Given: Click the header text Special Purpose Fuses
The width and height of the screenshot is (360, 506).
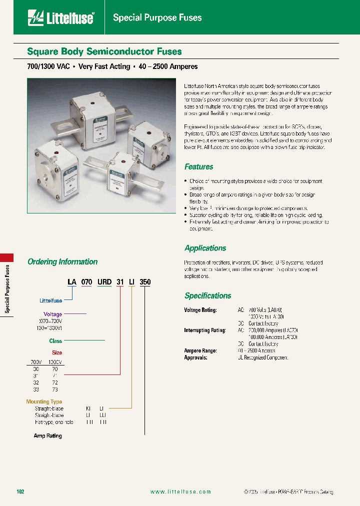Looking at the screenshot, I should coord(157,18).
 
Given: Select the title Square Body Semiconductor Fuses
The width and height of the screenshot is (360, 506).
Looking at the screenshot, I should coord(104,51).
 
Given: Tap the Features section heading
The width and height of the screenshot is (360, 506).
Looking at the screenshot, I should coord(198,167).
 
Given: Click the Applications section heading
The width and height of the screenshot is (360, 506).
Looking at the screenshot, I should coord(205,248).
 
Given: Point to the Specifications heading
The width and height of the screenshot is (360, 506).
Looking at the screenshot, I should coord(207,295).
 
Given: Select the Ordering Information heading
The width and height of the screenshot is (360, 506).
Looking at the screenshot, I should coord(62,261).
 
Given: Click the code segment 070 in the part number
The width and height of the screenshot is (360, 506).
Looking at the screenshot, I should coord(86,282).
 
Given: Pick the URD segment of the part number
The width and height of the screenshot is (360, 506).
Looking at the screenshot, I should coord(104,282).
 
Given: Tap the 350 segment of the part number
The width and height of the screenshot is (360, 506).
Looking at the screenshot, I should coord(145,282).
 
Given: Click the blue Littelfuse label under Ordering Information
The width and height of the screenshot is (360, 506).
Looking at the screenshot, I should coord(50,300).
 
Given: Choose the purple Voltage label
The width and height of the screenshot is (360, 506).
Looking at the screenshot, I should coord(53,314).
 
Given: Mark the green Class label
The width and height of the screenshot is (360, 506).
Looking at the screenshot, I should coord(55,341).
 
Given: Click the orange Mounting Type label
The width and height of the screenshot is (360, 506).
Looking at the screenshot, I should coord(44,401).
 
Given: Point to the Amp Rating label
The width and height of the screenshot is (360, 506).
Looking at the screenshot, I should coord(47,436).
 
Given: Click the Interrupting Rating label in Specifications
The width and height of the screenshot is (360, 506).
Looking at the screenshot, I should coord(205,330).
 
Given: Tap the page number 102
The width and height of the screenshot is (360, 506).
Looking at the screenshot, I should coord(20,492).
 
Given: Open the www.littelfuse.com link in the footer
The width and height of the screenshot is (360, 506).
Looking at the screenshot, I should coord(180,492).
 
